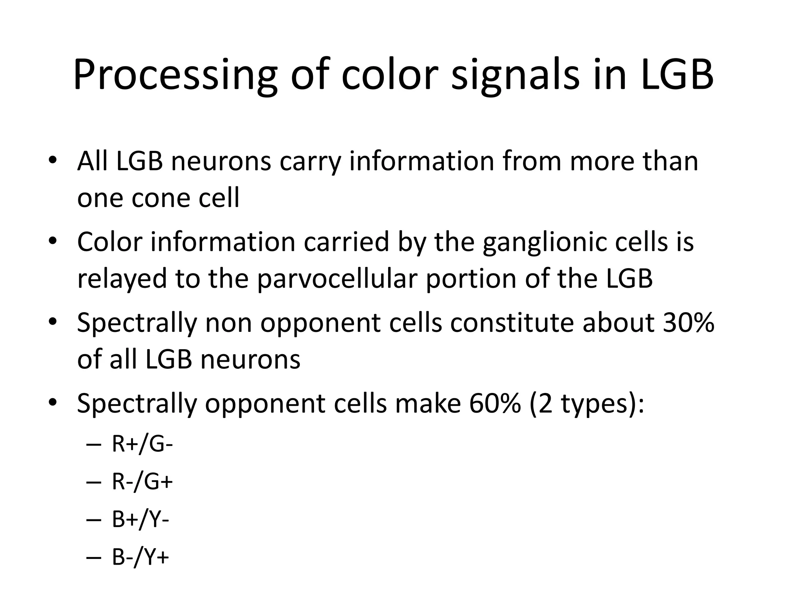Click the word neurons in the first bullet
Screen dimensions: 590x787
point(221,161)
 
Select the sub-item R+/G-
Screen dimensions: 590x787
point(142,444)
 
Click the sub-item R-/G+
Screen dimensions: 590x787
point(142,482)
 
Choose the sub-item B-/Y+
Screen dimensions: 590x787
point(140,557)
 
